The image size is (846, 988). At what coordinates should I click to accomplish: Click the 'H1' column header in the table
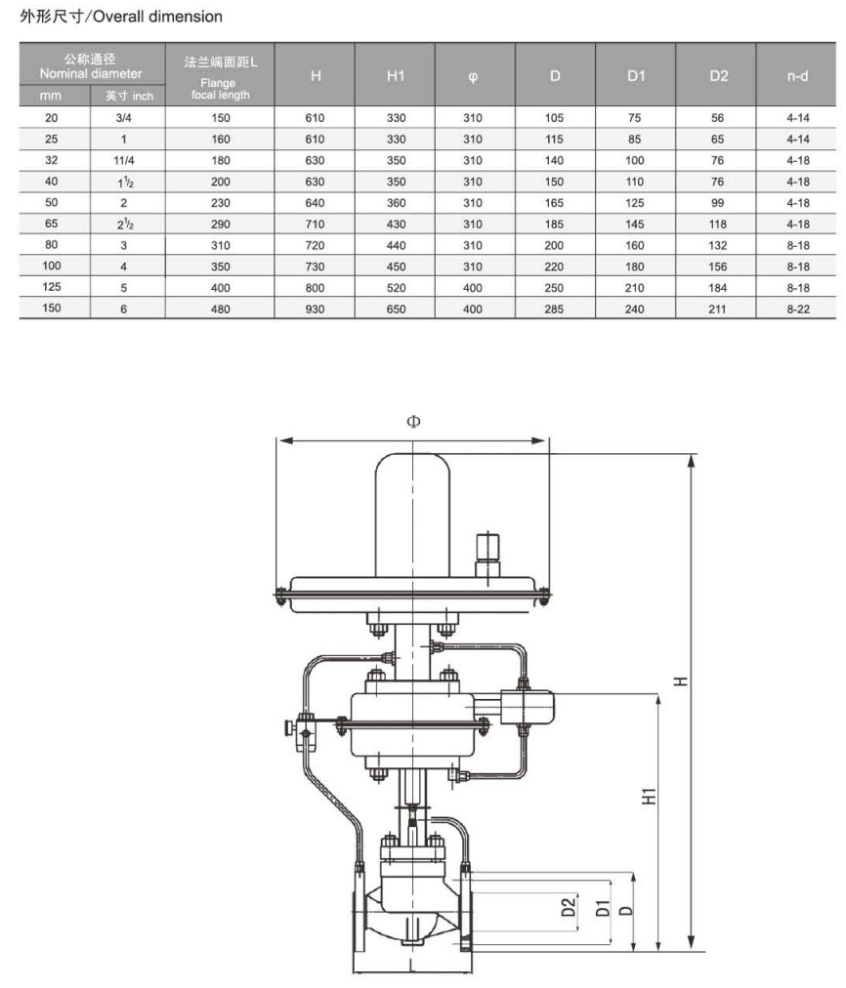pos(396,76)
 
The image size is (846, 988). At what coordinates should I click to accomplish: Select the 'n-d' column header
pos(797,76)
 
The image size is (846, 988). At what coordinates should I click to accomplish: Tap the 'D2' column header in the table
pos(718,76)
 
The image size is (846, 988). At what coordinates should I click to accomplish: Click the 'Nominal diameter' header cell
pos(91,66)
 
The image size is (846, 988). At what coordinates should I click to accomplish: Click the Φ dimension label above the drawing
pos(413,422)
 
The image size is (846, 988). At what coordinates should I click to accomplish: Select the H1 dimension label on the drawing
pos(648,796)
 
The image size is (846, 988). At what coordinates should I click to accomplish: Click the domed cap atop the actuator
pos(413,508)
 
